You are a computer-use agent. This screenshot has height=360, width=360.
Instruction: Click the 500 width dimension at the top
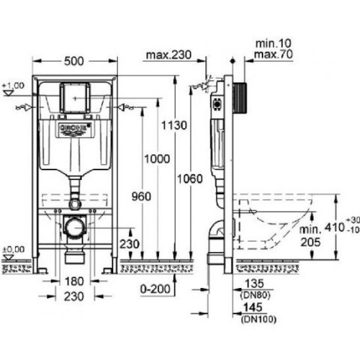coord(75,61)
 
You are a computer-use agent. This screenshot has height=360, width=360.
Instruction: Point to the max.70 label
coord(273,53)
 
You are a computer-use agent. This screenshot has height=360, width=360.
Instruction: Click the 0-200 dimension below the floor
coord(154,290)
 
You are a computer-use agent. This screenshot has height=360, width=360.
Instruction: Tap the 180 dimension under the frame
coord(75,281)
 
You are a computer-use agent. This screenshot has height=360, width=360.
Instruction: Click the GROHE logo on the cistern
coord(75,128)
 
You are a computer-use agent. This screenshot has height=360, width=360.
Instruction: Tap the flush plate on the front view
coord(75,98)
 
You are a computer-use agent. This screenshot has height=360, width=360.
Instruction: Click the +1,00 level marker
coord(12,85)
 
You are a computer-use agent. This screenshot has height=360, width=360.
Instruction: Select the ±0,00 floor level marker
coord(12,249)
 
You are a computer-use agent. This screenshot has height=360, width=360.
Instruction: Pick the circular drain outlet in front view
coord(75,226)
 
